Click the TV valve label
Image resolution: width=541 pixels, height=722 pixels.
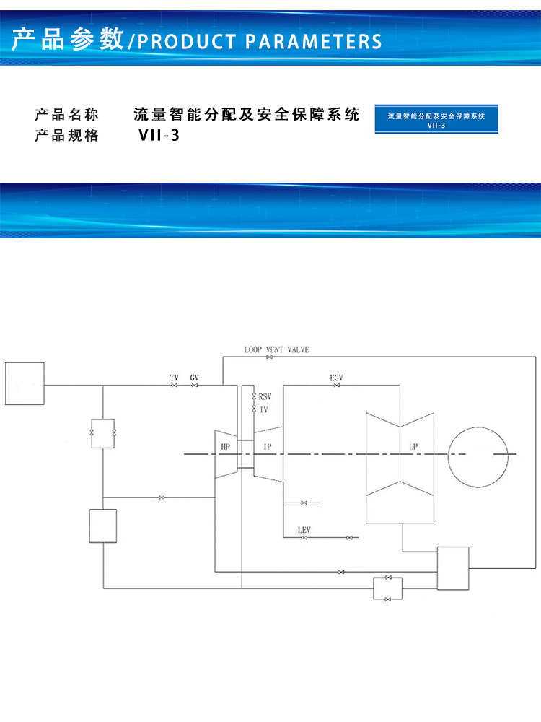pyautogui.click(x=174, y=378)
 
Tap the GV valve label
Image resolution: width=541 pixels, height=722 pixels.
pyautogui.click(x=195, y=378)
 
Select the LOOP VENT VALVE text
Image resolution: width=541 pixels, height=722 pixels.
pyautogui.click(x=276, y=350)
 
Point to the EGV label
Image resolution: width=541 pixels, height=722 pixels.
pyautogui.click(x=337, y=378)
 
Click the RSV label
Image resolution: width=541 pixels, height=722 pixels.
pyautogui.click(x=265, y=397)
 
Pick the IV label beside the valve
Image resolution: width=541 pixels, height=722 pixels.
pyautogui.click(x=263, y=410)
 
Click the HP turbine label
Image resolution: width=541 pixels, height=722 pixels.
pyautogui.click(x=225, y=447)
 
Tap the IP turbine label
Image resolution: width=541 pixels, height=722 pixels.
pyautogui.click(x=268, y=447)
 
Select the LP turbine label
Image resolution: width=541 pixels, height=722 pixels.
pyautogui.click(x=413, y=447)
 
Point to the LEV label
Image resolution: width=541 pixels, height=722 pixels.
pyautogui.click(x=304, y=531)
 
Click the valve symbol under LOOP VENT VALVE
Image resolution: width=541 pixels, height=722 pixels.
pyautogui.click(x=270, y=357)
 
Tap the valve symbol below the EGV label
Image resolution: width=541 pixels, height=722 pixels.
pyautogui.click(x=337, y=386)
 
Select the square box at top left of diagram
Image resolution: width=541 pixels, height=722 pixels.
pyautogui.click(x=25, y=383)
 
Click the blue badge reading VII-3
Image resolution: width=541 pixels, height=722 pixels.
pyautogui.click(x=436, y=119)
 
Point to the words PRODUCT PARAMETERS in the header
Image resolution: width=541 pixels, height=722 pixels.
pyautogui.click(x=260, y=42)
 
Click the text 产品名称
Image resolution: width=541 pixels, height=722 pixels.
pyautogui.click(x=66, y=114)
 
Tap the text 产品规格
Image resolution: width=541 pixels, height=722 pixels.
pyautogui.click(x=66, y=136)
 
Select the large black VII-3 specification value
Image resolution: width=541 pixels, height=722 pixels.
pyautogui.click(x=159, y=136)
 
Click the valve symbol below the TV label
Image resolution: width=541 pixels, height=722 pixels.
pyautogui.click(x=174, y=386)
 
